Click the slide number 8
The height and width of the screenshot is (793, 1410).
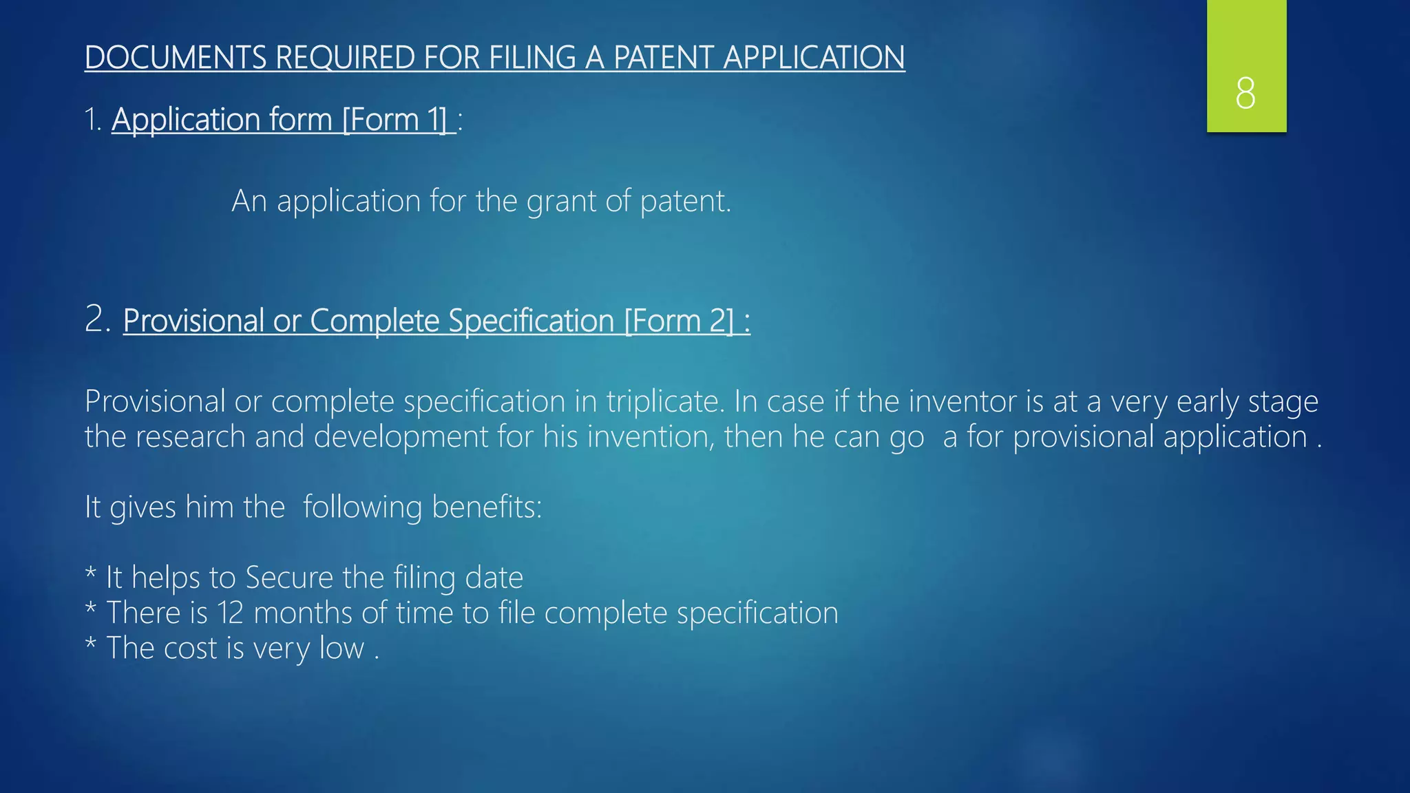[1245, 93]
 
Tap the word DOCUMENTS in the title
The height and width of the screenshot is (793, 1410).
[175, 57]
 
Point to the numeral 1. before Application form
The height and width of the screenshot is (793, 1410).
[93, 120]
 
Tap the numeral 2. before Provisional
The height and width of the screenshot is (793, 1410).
[98, 319]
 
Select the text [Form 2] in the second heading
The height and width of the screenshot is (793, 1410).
[679, 321]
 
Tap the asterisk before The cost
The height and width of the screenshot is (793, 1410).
[90, 645]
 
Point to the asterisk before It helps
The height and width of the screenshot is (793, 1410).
[90, 574]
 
